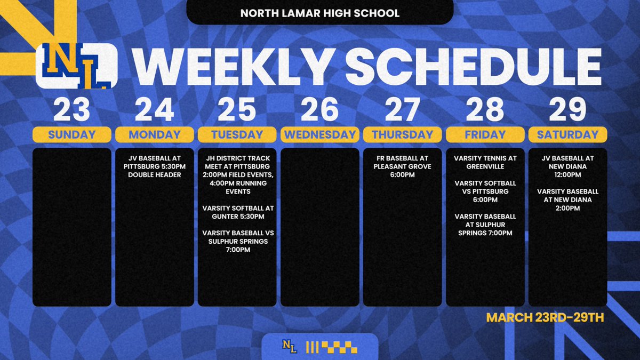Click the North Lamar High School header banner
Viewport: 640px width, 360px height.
pyautogui.click(x=319, y=13)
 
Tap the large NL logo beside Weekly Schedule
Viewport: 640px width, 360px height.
pyautogui.click(x=76, y=66)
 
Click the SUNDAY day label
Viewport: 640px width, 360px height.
pyautogui.click(x=72, y=135)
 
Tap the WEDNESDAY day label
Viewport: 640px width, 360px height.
pyautogui.click(x=319, y=135)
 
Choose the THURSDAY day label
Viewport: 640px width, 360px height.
pyautogui.click(x=402, y=135)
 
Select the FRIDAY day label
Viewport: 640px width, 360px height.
pyautogui.click(x=485, y=135)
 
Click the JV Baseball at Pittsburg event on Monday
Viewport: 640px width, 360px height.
pyautogui.click(x=155, y=166)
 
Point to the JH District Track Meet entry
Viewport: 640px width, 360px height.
pyautogui.click(x=237, y=174)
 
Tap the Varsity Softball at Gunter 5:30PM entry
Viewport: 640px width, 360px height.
pyautogui.click(x=237, y=212)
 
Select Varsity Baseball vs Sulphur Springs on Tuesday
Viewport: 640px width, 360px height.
pyautogui.click(x=237, y=241)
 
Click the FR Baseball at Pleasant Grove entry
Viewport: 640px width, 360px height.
pyautogui.click(x=402, y=166)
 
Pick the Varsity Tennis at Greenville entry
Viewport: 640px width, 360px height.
pyautogui.click(x=485, y=162)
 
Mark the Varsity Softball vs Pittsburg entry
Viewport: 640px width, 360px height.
pyautogui.click(x=485, y=191)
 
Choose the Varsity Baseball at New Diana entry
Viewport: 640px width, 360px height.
pyautogui.click(x=567, y=199)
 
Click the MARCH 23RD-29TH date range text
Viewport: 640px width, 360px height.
pyautogui.click(x=545, y=318)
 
